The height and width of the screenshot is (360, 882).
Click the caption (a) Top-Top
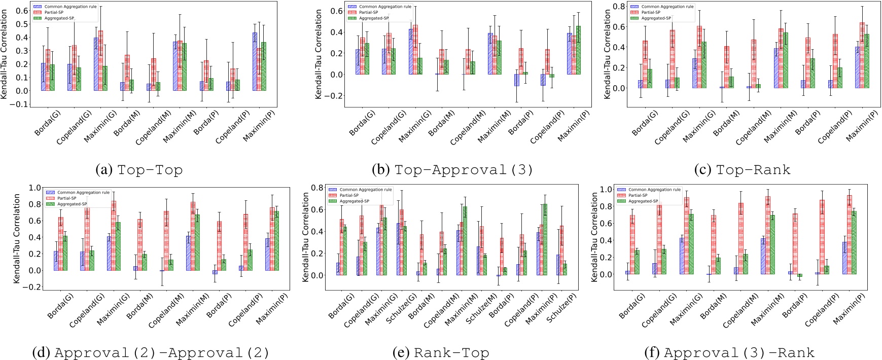139,170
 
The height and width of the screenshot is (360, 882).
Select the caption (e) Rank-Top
441,352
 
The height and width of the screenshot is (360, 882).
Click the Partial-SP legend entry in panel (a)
54,12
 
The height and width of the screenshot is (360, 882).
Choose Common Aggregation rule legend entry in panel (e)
365,190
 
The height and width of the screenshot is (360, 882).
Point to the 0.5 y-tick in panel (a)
21,24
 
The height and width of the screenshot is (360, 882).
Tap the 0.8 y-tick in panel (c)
619,6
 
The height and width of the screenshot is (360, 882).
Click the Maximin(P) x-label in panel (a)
259,126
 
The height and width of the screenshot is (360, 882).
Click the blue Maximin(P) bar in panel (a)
255,61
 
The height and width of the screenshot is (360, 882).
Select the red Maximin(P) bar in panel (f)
849,235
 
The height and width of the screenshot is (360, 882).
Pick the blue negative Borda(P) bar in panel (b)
516,80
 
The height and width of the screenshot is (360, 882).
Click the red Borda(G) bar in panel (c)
645,64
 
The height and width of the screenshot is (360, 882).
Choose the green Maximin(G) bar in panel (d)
118,246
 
